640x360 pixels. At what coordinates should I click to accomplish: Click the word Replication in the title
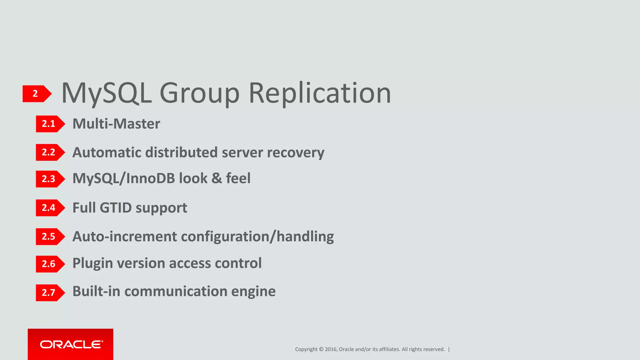[x=320, y=93]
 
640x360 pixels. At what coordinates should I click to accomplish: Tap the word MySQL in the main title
[x=107, y=93]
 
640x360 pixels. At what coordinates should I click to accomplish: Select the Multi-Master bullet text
[x=116, y=124]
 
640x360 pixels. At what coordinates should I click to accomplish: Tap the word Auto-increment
[x=125, y=237]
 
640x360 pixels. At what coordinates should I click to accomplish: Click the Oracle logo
[x=71, y=344]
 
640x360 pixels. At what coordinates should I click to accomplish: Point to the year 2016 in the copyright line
[x=331, y=349]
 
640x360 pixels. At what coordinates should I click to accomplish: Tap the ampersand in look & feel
[x=217, y=178]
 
